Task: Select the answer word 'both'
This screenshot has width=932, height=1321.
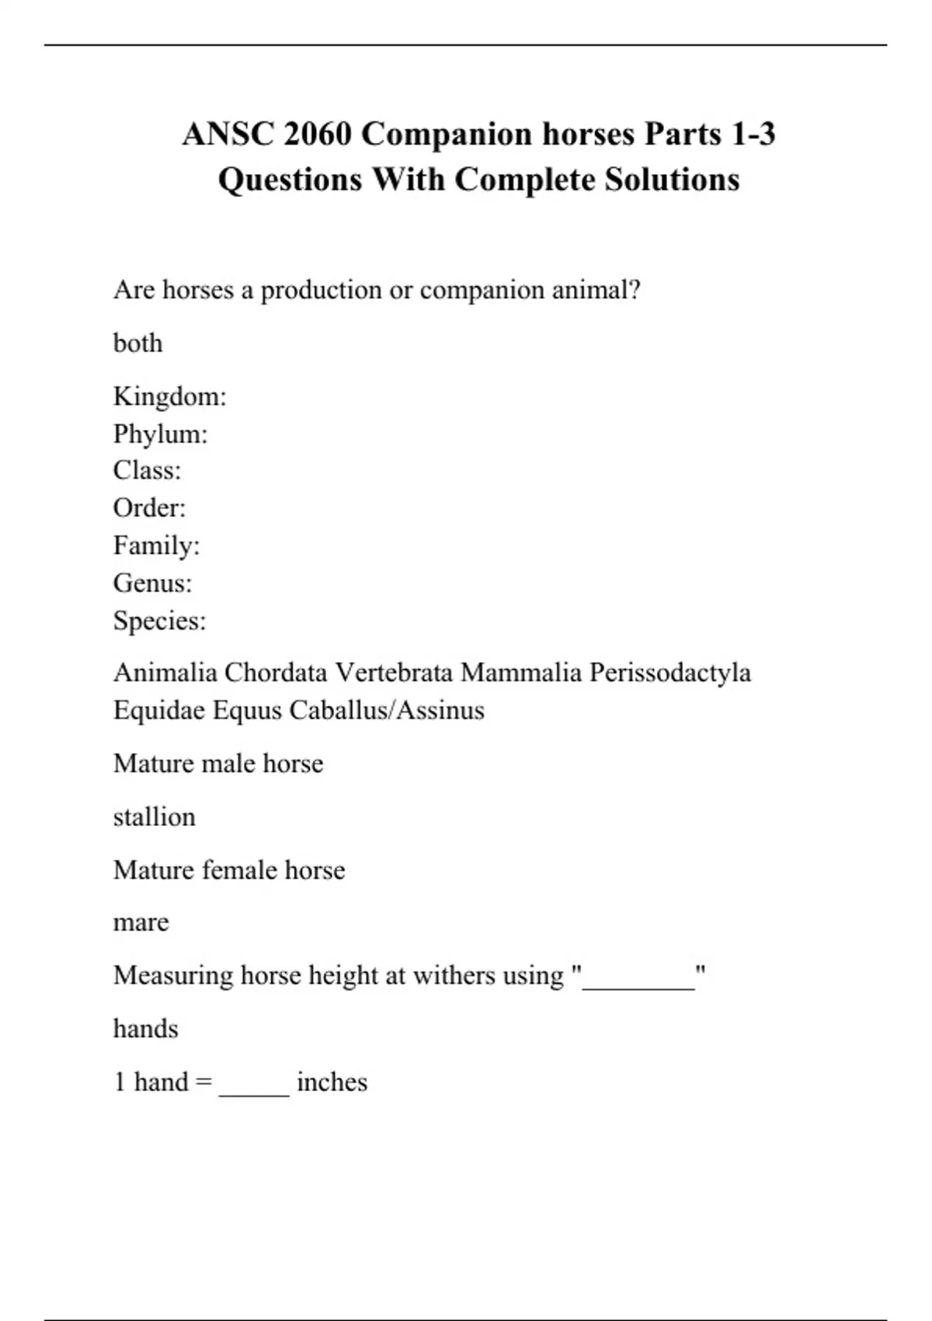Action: (138, 343)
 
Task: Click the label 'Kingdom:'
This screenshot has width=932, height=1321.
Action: (170, 396)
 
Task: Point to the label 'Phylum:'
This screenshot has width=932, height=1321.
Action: (161, 434)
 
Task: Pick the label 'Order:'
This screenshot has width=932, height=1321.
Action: (150, 508)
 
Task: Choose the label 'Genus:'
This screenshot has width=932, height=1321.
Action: (153, 583)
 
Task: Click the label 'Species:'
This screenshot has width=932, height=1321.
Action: (160, 621)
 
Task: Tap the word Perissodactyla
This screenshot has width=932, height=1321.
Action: (669, 673)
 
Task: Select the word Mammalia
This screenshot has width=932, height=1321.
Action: (521, 673)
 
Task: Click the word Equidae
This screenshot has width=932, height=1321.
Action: (159, 710)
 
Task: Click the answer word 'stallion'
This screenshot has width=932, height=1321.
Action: (155, 817)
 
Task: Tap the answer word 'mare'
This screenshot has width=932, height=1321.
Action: (141, 923)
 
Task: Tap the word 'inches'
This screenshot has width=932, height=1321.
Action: (332, 1082)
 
